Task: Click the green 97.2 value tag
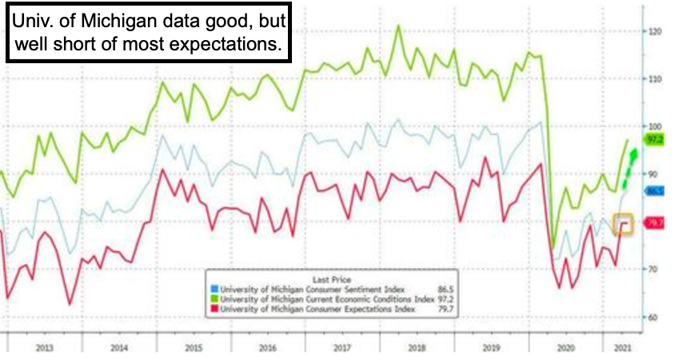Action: point(654,138)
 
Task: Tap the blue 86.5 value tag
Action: point(654,191)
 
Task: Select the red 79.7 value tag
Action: point(654,223)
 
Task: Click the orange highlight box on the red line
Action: point(623,224)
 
